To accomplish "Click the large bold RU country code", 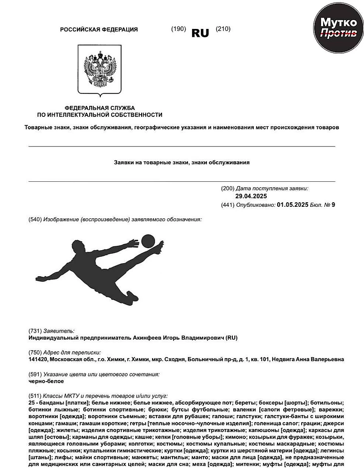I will click(x=200, y=33).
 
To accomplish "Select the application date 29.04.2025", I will click(x=251, y=196).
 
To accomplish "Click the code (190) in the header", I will click(x=178, y=29).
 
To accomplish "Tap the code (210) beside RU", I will click(x=223, y=29).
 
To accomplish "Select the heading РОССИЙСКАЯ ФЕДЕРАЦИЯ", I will click(x=99, y=29).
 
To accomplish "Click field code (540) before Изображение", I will click(x=35, y=219).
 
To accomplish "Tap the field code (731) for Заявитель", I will click(x=35, y=331).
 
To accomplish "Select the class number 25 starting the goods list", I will click(x=32, y=402).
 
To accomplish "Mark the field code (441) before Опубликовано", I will click(x=227, y=204).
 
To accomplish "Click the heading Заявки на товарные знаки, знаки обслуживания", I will click(x=182, y=162).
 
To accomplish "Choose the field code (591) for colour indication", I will click(x=35, y=374).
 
